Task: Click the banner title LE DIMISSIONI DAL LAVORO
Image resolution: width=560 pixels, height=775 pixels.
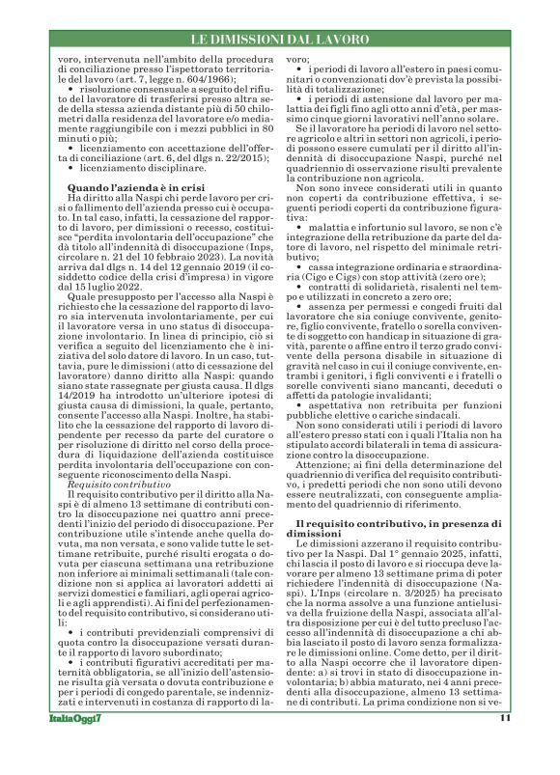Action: pyautogui.click(x=279, y=39)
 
